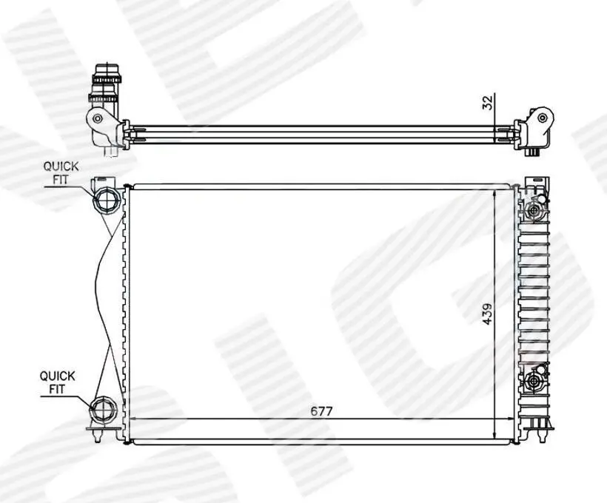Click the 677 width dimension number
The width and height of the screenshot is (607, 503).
click(322, 411)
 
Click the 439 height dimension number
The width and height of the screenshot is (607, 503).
click(487, 314)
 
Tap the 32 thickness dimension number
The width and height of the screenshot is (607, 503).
click(488, 103)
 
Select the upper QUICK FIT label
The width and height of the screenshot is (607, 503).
click(61, 173)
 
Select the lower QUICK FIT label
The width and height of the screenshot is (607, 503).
click(57, 382)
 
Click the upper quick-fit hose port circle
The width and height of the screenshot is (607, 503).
click(106, 200)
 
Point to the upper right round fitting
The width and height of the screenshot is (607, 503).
click(534, 212)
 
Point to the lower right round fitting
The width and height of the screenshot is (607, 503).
click(534, 381)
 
